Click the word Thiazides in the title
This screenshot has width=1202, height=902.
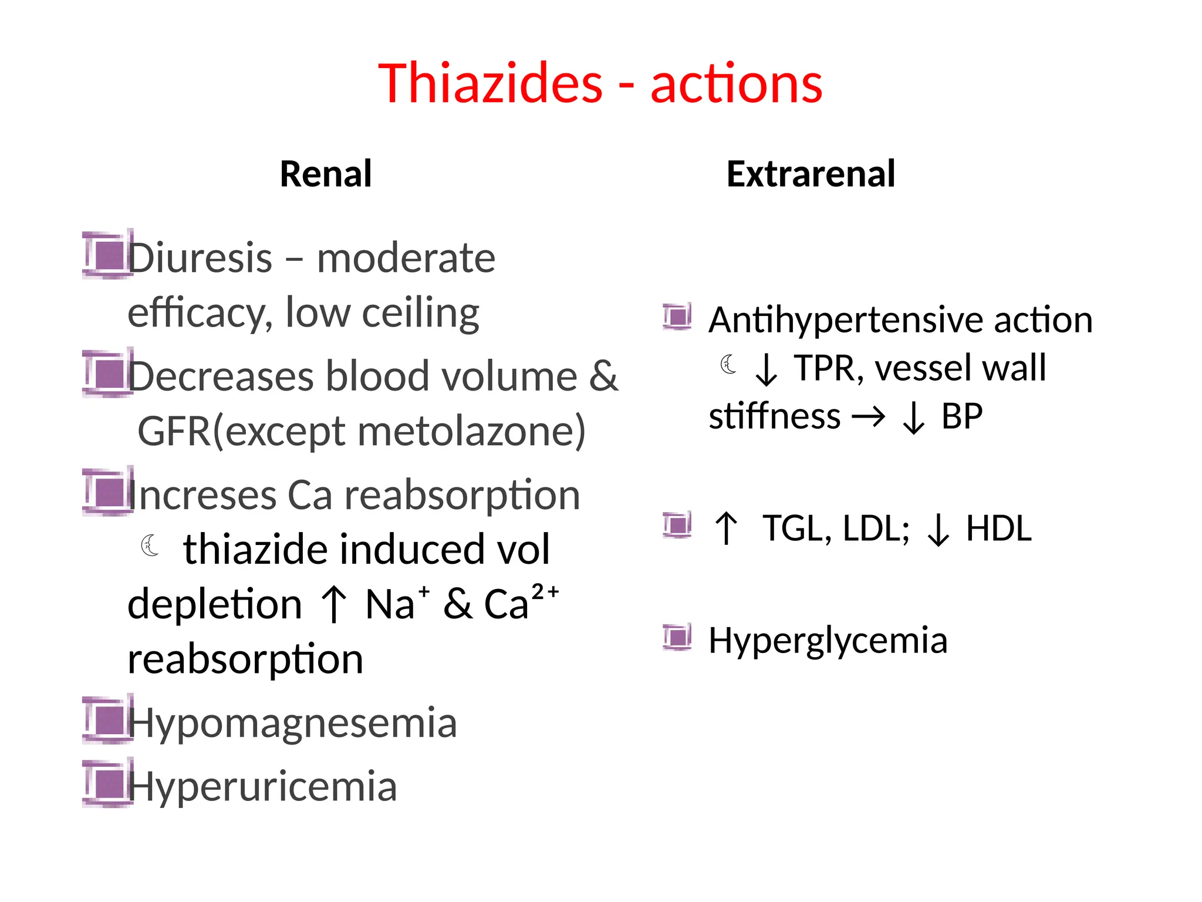coord(490,83)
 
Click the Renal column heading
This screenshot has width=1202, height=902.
coord(326,174)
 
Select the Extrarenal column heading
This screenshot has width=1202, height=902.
coord(811,174)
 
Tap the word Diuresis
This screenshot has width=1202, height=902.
coord(200,258)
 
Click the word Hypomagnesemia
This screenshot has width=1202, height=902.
coord(292,723)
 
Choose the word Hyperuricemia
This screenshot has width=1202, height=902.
coord(262,786)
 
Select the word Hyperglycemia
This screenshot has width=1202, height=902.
coord(828,640)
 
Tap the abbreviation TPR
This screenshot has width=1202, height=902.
coord(828,369)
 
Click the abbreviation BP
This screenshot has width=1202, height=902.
coord(961,417)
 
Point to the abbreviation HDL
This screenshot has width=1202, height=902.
coord(998,529)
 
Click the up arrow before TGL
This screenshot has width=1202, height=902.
coord(727,529)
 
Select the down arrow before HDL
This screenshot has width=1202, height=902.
coord(938,530)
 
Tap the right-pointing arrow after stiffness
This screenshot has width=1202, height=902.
coord(868,418)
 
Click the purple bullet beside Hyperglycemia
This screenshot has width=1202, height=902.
coord(677,637)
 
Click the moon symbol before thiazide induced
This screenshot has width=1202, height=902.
coord(150,546)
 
